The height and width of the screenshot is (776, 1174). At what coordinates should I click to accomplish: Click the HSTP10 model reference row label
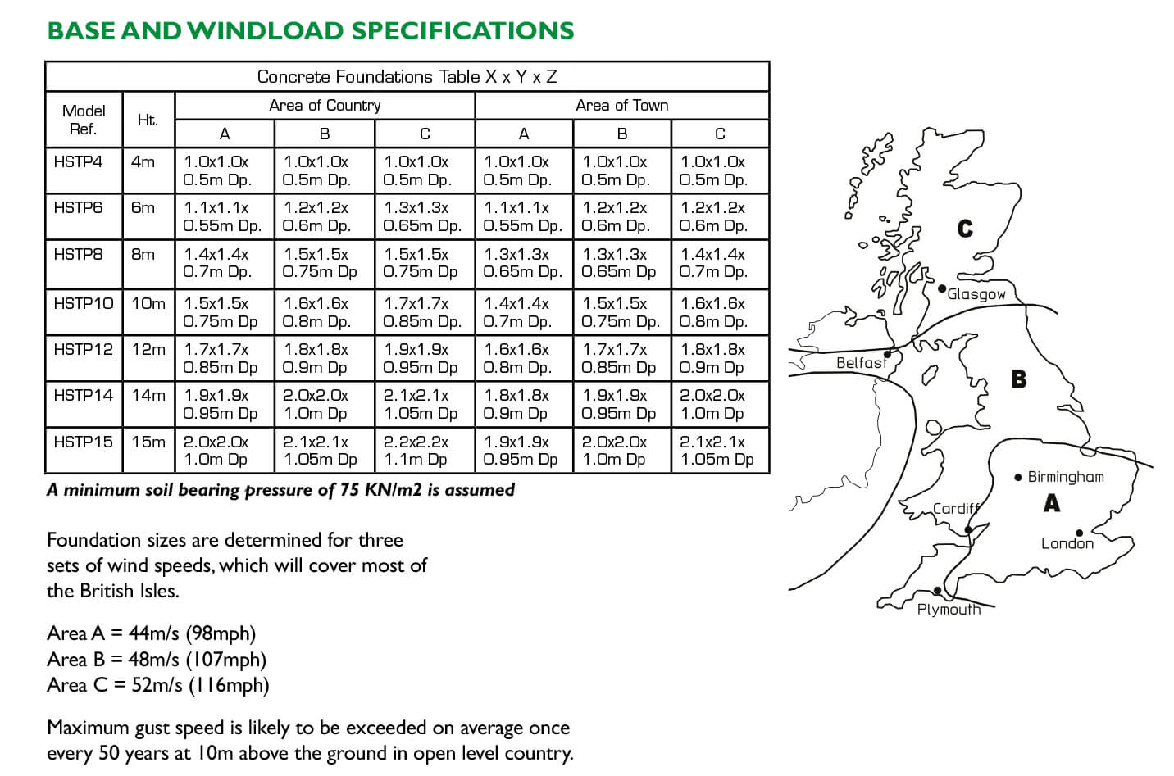(84, 303)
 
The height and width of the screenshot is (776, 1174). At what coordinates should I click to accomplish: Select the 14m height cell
(148, 395)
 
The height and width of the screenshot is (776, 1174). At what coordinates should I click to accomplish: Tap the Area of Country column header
(325, 105)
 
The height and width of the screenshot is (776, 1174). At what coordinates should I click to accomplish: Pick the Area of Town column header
(621, 105)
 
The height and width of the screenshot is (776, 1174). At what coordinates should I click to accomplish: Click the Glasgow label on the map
(976, 294)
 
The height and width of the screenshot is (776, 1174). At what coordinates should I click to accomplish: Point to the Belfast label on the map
(861, 362)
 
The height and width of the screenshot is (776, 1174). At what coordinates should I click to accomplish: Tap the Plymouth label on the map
(949, 609)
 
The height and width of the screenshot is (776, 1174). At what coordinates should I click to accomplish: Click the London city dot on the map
(1080, 533)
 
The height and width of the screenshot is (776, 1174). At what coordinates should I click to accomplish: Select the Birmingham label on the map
(1065, 477)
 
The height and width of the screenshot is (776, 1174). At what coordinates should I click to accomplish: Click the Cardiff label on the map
(956, 508)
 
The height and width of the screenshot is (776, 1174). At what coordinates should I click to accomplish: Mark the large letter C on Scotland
(965, 229)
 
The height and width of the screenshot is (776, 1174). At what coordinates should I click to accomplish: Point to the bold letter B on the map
(1018, 379)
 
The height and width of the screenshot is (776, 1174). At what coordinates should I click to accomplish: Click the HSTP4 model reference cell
(78, 161)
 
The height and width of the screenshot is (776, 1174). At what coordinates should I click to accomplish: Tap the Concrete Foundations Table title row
(407, 76)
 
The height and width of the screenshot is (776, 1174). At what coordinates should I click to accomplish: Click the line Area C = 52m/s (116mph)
(158, 685)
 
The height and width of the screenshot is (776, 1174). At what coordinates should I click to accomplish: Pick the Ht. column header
(148, 120)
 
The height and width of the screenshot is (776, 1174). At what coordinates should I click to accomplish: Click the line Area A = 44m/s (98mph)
(152, 633)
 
